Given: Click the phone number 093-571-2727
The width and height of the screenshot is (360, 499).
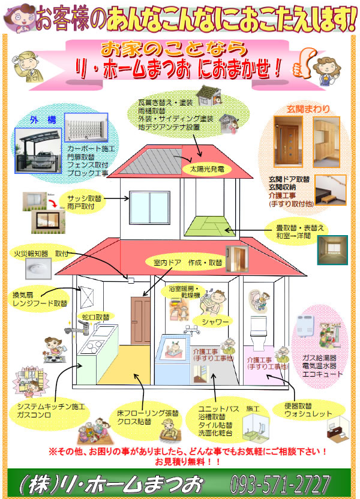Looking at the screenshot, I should [x=280, y=483].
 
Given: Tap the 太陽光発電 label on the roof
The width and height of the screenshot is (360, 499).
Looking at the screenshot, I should [x=206, y=169].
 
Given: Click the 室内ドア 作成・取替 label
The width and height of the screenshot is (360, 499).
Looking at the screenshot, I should [x=184, y=262].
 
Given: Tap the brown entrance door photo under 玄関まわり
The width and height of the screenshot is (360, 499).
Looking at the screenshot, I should [x=287, y=142].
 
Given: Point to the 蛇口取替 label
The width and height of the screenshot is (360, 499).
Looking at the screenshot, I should [x=95, y=317].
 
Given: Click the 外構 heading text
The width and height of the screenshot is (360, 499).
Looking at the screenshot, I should [x=43, y=120].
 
